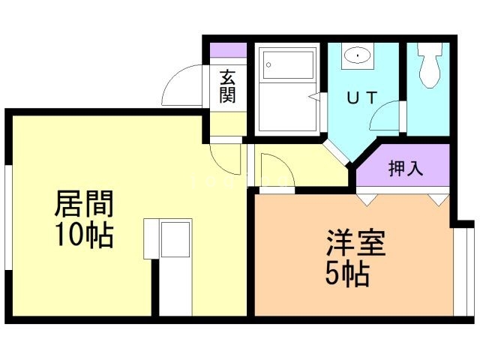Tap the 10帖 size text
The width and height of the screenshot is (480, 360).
click(x=83, y=235)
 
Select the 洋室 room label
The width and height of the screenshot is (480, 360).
click(x=355, y=244)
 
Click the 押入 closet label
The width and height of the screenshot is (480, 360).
click(x=405, y=169)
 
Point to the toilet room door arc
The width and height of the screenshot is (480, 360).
click(x=388, y=118)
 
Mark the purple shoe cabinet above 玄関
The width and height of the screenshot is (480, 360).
click(x=227, y=51)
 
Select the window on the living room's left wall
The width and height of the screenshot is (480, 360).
click(x=7, y=217)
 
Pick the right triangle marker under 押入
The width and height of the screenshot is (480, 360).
click(x=438, y=199)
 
